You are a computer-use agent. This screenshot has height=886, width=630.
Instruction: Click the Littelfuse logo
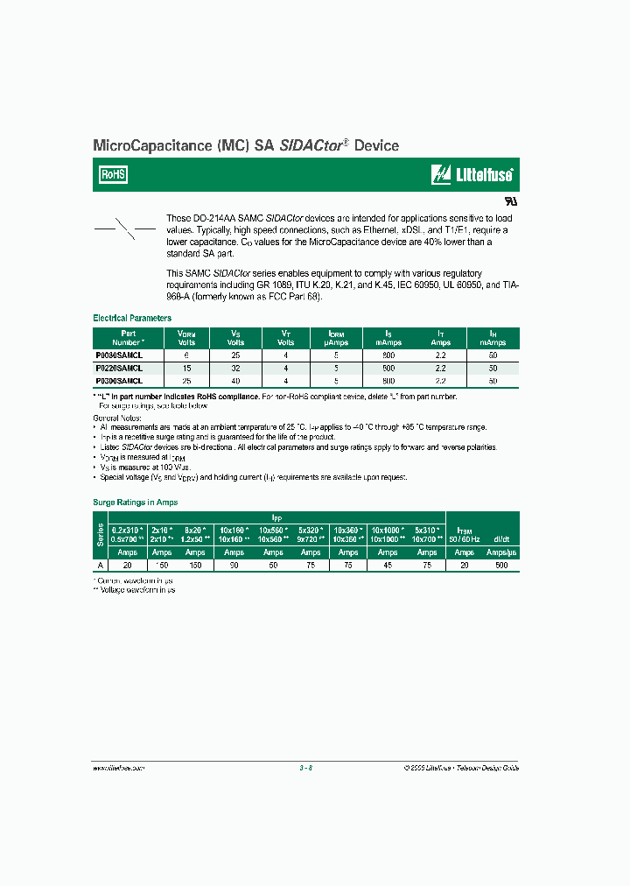click(472, 175)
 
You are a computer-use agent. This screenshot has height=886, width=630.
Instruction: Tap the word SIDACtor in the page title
click(311, 146)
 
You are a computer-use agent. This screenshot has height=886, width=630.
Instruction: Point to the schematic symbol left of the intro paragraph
click(124, 229)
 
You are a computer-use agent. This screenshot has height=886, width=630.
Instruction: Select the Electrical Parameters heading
click(132, 319)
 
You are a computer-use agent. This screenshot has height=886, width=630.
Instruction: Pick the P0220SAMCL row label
click(117, 369)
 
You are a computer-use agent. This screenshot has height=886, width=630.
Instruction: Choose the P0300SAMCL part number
click(117, 382)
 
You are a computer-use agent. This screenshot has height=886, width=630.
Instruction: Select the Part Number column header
click(128, 337)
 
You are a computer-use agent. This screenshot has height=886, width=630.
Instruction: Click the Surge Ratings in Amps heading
click(136, 503)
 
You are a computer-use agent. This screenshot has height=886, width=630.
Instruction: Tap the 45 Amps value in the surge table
click(388, 566)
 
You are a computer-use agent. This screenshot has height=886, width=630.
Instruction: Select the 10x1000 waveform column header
click(388, 534)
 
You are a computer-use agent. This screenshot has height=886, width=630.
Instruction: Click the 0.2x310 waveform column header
click(127, 534)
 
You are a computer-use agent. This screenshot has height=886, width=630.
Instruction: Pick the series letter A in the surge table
click(98, 566)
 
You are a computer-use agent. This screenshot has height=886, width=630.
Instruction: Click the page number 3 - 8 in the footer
click(305, 768)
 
